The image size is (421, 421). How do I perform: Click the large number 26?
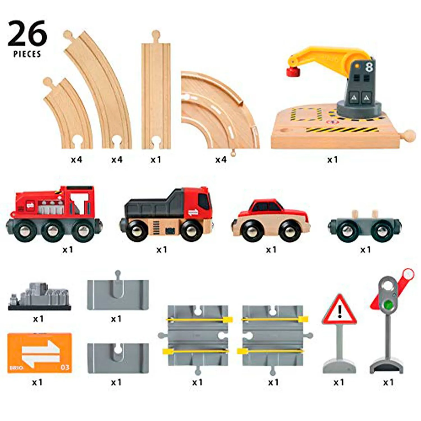click(x=27, y=33)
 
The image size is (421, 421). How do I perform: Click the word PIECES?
click(x=27, y=54)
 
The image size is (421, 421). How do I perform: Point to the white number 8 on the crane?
click(x=369, y=67)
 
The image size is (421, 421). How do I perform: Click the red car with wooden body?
click(x=271, y=221)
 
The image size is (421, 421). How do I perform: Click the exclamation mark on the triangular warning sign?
click(x=340, y=311)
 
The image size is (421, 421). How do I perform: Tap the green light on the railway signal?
click(x=388, y=304)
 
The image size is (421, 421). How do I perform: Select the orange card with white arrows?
click(x=40, y=353)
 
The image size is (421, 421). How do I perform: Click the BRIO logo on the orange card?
click(x=17, y=368)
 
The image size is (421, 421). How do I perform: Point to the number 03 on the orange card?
click(x=65, y=367)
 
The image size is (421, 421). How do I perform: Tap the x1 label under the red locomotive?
click(x=67, y=250)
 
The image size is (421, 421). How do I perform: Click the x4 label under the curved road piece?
click(x=221, y=160)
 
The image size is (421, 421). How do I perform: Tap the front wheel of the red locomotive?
click(x=84, y=230)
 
